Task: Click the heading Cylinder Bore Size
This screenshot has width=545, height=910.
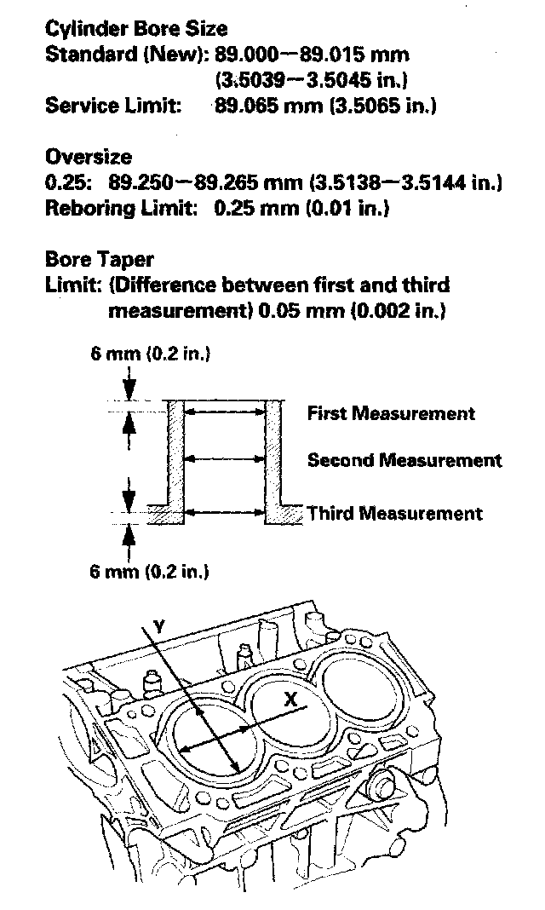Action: coord(136,28)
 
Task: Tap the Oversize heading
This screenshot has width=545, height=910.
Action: coord(88,157)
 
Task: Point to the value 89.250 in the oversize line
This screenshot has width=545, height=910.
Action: coord(141,183)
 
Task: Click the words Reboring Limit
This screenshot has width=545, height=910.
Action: coord(121,208)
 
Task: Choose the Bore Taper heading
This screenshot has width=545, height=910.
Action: coord(99,259)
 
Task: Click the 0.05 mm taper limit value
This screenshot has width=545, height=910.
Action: coord(301,310)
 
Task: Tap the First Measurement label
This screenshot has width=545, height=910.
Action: coord(391,413)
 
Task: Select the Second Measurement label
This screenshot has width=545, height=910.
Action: coord(404,460)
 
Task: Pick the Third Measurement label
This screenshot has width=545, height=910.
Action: coord(395,513)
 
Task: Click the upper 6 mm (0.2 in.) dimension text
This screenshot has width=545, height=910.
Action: coord(150,354)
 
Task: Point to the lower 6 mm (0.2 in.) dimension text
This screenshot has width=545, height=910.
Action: coord(149,572)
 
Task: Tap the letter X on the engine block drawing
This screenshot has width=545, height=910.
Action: coord(290,700)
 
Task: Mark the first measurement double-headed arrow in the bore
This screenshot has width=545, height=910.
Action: coord(225,412)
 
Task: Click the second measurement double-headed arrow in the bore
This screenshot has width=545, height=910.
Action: coord(225,458)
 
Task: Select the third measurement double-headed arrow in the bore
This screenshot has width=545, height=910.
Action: coord(225,512)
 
